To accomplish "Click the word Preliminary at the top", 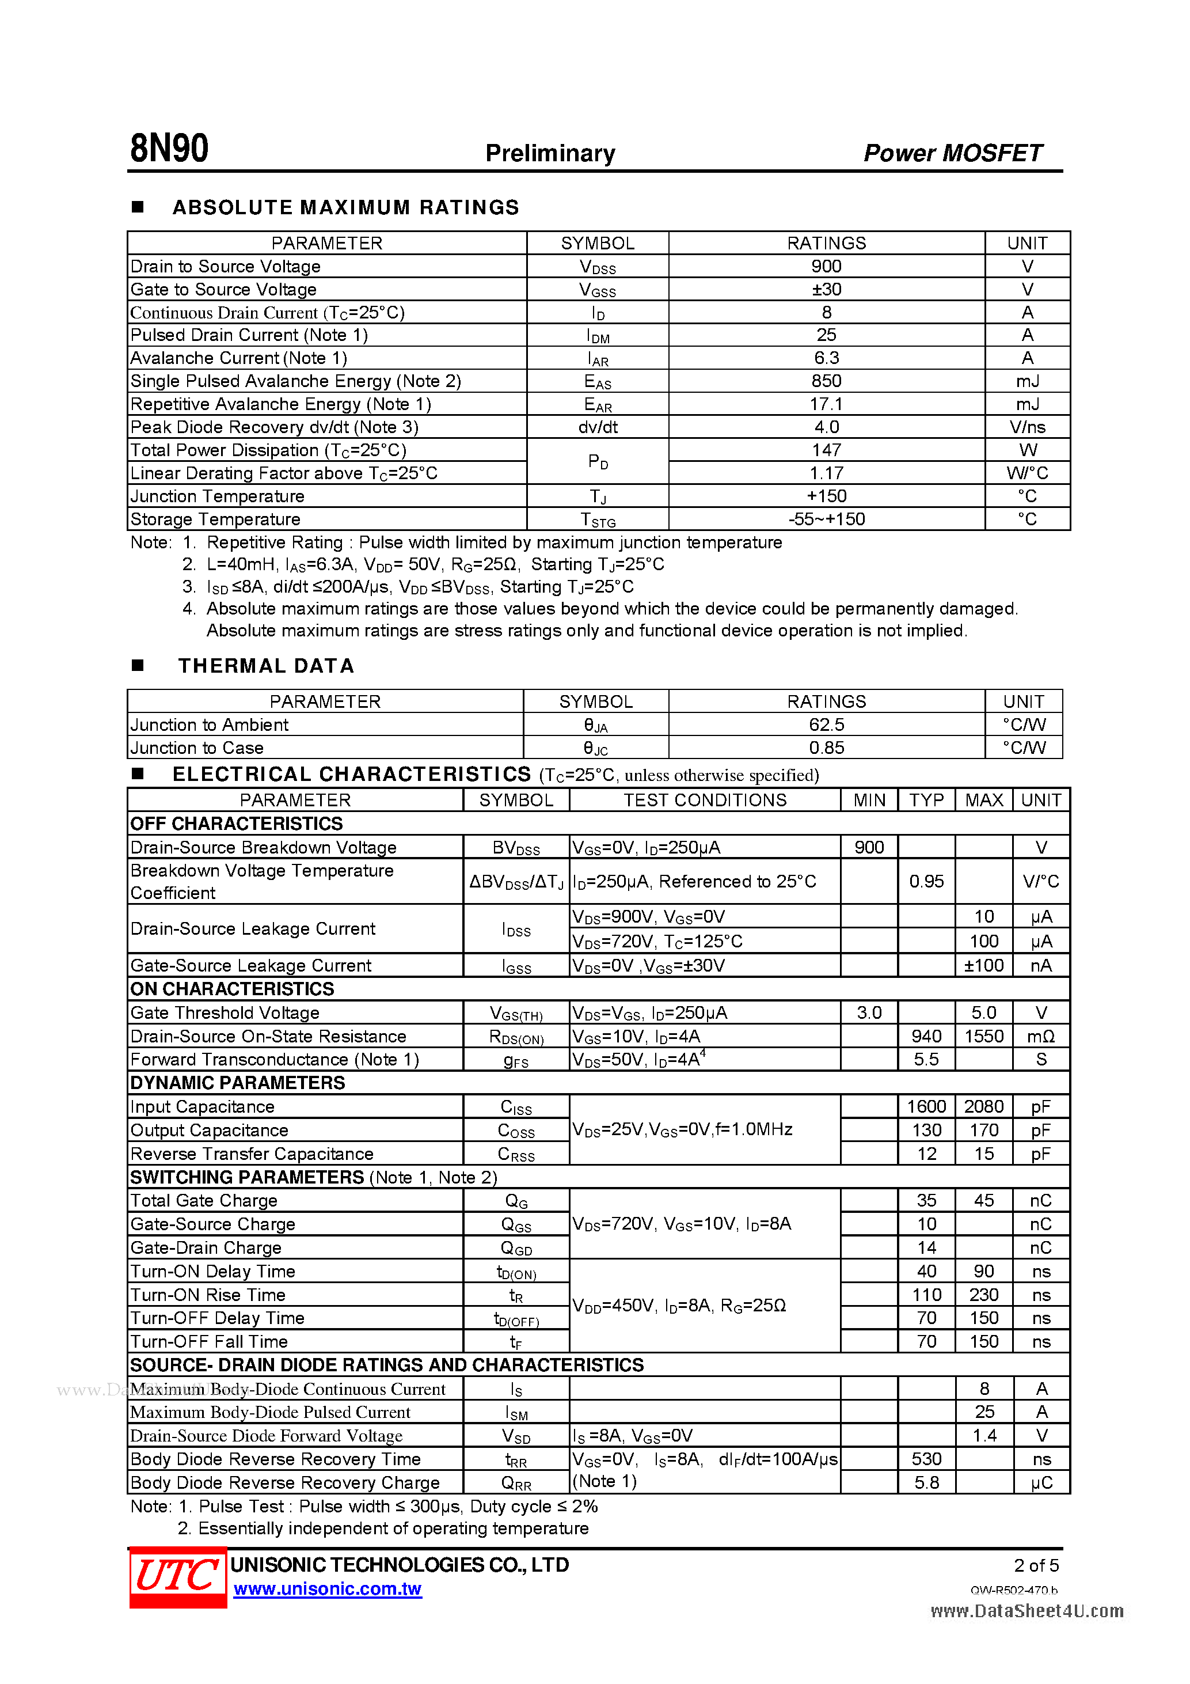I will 550,153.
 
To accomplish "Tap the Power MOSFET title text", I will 952,153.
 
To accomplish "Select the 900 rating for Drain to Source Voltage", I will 826,266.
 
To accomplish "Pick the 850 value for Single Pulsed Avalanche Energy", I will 826,381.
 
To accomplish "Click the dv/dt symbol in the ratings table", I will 598,427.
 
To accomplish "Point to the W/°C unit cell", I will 1026,473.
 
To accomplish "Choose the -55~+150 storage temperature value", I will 826,519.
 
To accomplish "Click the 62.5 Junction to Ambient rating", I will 826,725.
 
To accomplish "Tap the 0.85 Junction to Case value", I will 826,748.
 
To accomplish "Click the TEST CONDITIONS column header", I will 705,799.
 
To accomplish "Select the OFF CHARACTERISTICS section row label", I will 236,823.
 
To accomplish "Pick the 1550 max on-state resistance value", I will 983,1036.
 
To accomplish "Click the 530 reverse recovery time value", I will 926,1459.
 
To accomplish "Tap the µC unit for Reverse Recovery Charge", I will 1040,1482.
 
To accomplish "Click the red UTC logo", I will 177,1576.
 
